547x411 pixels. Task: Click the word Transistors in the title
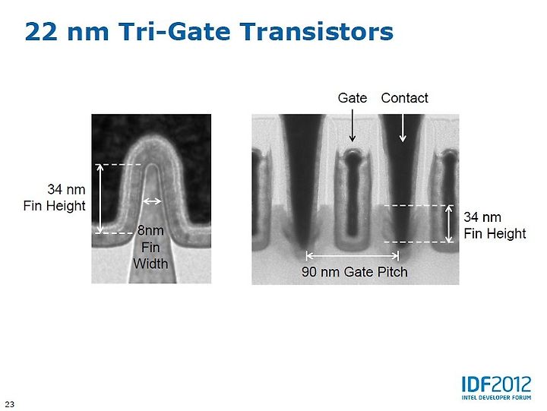point(317,31)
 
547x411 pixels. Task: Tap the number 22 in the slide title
point(41,32)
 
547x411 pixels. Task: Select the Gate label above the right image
point(353,98)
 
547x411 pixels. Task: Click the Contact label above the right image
point(404,98)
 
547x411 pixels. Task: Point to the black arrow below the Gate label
point(353,125)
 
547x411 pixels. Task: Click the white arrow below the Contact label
point(403,128)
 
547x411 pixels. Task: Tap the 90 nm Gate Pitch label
point(355,272)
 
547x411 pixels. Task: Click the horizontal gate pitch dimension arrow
point(353,256)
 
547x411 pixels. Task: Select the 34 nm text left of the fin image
point(66,189)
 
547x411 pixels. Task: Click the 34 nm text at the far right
point(482,217)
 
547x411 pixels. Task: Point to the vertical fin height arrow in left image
point(100,198)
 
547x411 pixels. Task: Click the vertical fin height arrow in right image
point(449,223)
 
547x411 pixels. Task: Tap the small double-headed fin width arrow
point(152,201)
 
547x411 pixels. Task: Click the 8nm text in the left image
point(150,230)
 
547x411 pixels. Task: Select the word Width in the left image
point(150,264)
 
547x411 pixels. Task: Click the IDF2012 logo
point(496,384)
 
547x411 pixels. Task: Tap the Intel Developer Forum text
point(496,397)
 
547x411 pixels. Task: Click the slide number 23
point(10,404)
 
